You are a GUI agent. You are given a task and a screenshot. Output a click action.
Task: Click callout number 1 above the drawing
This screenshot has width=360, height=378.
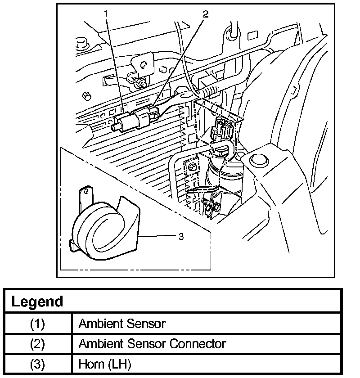point(106,13)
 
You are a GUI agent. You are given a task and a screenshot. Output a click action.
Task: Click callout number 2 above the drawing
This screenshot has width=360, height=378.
point(206,13)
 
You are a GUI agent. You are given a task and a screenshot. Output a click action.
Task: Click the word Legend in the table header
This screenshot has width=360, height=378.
point(36,301)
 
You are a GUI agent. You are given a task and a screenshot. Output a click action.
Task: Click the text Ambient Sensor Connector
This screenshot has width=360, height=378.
point(152,344)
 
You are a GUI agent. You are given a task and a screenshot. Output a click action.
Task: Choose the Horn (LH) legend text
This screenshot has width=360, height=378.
point(104,364)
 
